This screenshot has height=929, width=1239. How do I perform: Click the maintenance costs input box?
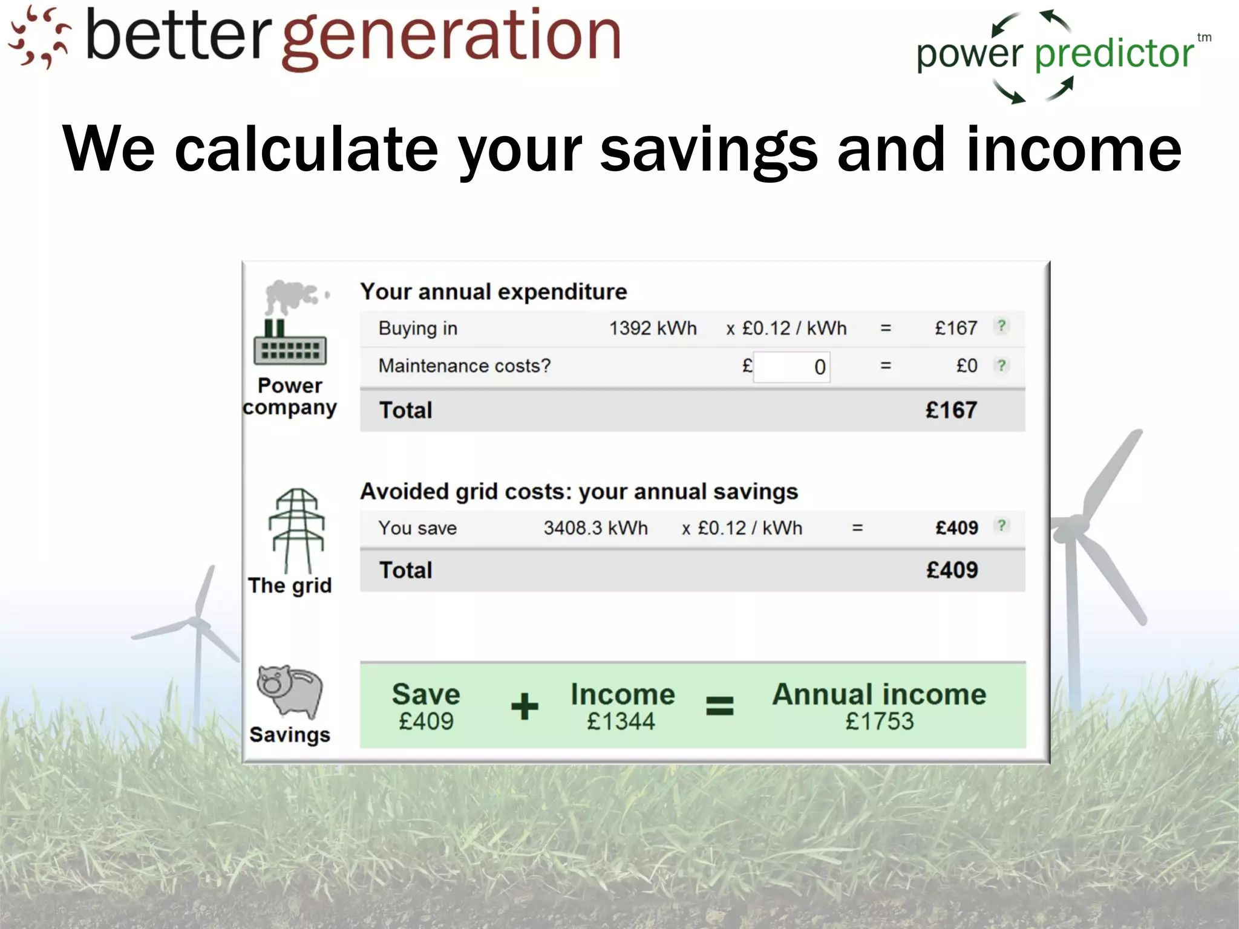tap(791, 367)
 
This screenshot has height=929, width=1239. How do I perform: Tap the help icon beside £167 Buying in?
tap(1002, 327)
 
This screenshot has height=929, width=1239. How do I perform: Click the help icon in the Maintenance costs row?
tap(1002, 365)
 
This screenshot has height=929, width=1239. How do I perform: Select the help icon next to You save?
tap(1002, 526)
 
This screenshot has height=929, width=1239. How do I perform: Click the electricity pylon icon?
tap(296, 530)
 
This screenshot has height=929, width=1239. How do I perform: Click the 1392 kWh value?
tap(653, 328)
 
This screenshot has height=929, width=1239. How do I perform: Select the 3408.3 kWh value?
tap(595, 528)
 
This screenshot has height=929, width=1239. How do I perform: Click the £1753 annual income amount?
tap(879, 722)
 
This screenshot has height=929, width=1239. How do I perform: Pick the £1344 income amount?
tap(621, 722)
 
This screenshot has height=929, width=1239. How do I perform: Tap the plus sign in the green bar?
tap(525, 706)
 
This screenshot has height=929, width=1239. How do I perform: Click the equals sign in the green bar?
tap(720, 706)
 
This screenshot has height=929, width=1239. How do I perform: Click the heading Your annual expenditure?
tap(494, 292)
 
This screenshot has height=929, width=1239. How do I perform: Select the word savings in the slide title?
tap(708, 149)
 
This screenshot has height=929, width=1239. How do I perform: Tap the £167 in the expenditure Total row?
tap(951, 410)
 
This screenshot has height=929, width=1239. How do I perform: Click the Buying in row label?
tap(418, 328)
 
